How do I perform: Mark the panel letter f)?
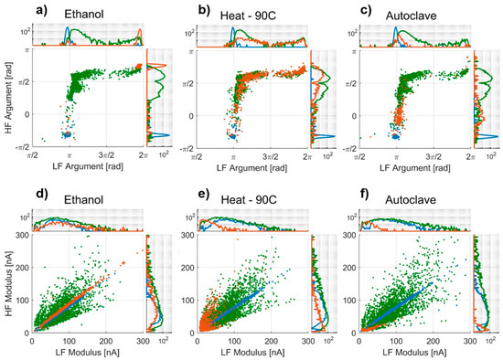349,195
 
